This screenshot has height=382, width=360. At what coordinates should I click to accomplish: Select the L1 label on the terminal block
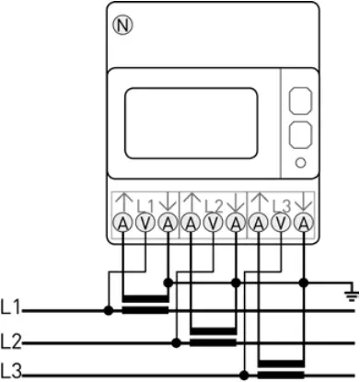[145, 204]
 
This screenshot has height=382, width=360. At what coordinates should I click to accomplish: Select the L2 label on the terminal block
[213, 204]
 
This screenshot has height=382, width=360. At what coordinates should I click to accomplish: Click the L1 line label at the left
[11, 306]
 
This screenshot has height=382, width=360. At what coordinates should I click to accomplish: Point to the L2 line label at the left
[11, 341]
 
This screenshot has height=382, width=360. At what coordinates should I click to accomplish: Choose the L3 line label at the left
[11, 372]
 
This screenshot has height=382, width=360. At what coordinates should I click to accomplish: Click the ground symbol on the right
[349, 295]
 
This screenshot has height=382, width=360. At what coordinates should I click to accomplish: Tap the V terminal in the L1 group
[145, 223]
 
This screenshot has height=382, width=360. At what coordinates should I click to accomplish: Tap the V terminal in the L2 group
[213, 223]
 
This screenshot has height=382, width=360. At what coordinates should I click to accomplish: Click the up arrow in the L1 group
[123, 201]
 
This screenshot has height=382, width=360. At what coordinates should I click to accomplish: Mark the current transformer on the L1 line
[145, 304]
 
